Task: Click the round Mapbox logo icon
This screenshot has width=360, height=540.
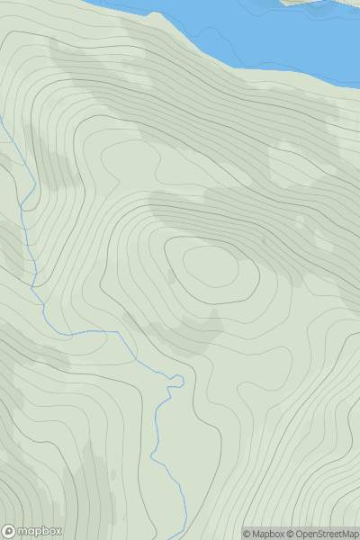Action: tap(10, 531)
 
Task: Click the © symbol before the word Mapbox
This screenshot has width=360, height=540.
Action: tap(247, 534)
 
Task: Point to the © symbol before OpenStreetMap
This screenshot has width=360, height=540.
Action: tap(290, 534)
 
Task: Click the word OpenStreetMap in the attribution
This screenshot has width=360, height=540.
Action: tap(326, 534)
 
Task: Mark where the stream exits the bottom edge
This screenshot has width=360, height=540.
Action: tap(186, 537)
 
